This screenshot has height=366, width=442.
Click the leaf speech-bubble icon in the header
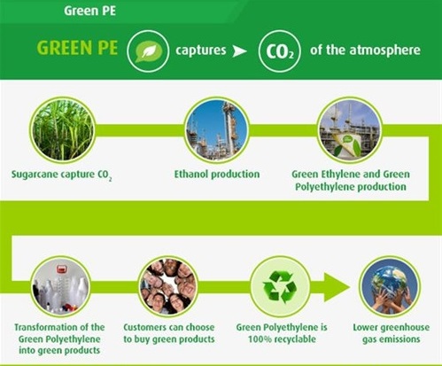click(x=148, y=51)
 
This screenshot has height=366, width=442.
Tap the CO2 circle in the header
click(x=279, y=51)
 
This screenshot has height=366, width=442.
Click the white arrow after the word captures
click(x=239, y=51)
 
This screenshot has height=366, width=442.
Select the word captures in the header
click(x=201, y=51)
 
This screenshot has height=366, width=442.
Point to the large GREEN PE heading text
click(x=77, y=48)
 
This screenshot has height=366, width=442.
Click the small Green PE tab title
click(x=89, y=11)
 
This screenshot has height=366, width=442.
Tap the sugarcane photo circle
click(x=62, y=130)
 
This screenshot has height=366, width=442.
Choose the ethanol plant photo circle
click(x=217, y=130)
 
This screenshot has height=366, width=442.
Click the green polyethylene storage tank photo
click(x=350, y=130)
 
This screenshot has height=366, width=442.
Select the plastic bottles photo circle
click(x=60, y=286)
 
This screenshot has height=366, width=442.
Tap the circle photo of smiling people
click(x=168, y=286)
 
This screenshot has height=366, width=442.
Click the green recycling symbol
click(x=280, y=287)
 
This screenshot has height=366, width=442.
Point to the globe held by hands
click(x=390, y=286)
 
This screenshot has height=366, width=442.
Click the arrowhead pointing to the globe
click(x=337, y=287)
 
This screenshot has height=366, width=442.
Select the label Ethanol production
click(x=217, y=174)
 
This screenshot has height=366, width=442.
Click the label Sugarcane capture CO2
click(x=61, y=175)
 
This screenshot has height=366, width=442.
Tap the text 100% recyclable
click(x=282, y=339)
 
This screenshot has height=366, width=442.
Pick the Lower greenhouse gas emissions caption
click(x=392, y=333)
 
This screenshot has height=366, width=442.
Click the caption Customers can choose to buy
click(x=169, y=333)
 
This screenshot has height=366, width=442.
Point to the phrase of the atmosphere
click(x=365, y=50)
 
